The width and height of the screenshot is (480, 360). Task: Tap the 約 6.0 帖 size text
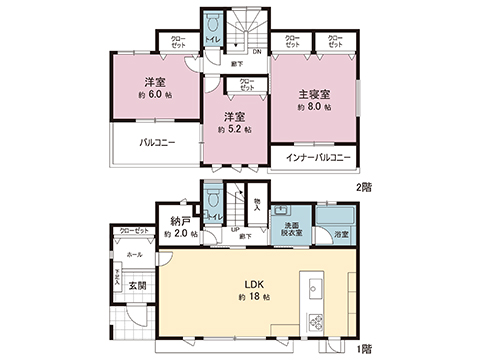[x=155, y=95]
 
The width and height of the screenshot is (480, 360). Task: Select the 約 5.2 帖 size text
[x=235, y=129]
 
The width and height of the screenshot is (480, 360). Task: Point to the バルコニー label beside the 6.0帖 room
[x=157, y=143]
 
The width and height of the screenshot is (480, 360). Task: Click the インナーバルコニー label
[x=319, y=157]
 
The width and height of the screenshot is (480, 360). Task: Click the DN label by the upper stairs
[x=256, y=52]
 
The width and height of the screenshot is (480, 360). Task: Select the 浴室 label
[x=342, y=234]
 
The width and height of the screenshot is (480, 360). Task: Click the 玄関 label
[x=137, y=285]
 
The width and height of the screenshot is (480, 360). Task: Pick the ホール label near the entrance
[x=134, y=255]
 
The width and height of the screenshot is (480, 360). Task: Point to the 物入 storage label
[x=257, y=205]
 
